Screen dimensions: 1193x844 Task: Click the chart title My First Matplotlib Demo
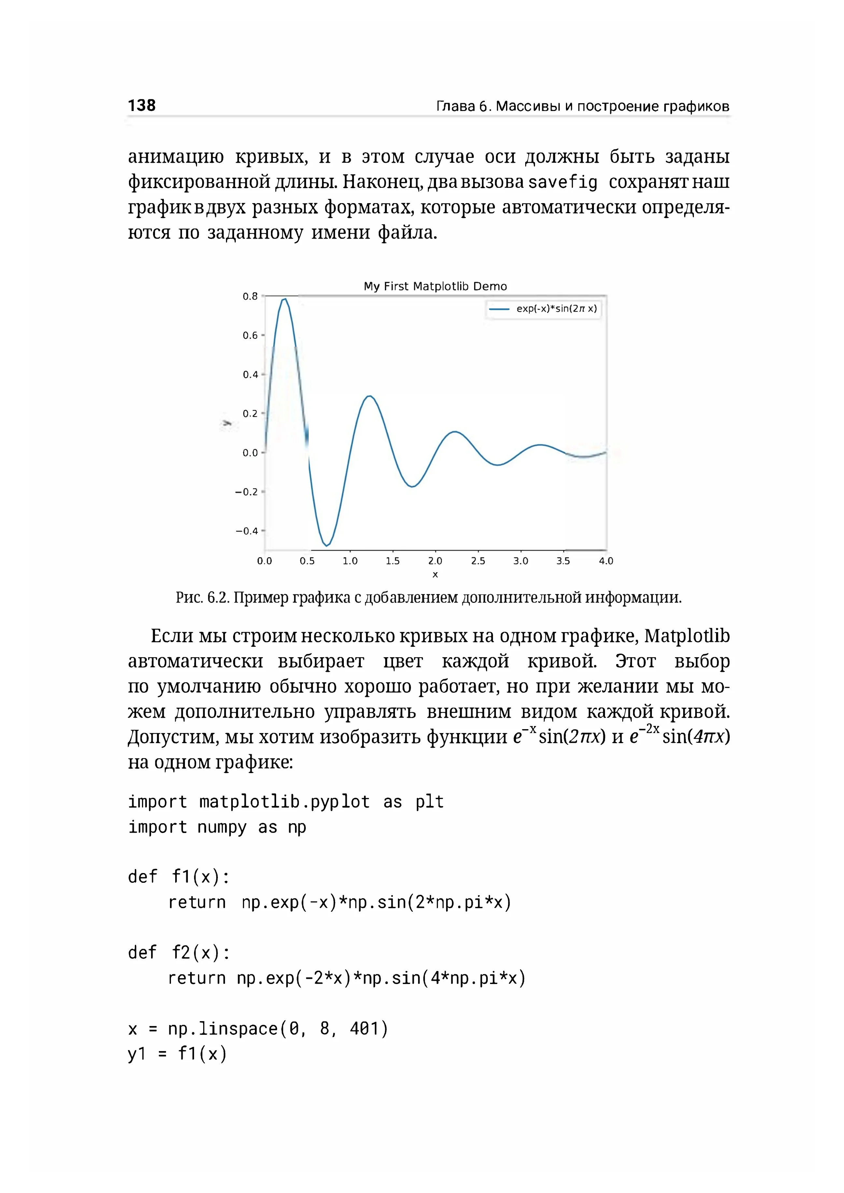pos(435,286)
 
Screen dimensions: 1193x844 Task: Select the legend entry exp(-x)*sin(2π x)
pos(556,309)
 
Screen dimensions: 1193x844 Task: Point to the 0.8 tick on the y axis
pos(250,296)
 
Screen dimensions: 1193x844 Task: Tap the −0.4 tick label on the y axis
pos(246,531)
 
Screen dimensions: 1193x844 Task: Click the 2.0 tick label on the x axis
pos(435,561)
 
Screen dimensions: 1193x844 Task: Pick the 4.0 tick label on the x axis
pos(606,561)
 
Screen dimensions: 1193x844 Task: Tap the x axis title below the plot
pos(435,575)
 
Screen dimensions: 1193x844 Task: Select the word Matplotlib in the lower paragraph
pos(687,636)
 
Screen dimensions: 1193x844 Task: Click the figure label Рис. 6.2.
pos(202,598)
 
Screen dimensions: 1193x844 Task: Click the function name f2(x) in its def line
pos(195,952)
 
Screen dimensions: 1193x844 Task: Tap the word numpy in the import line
pos(221,827)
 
